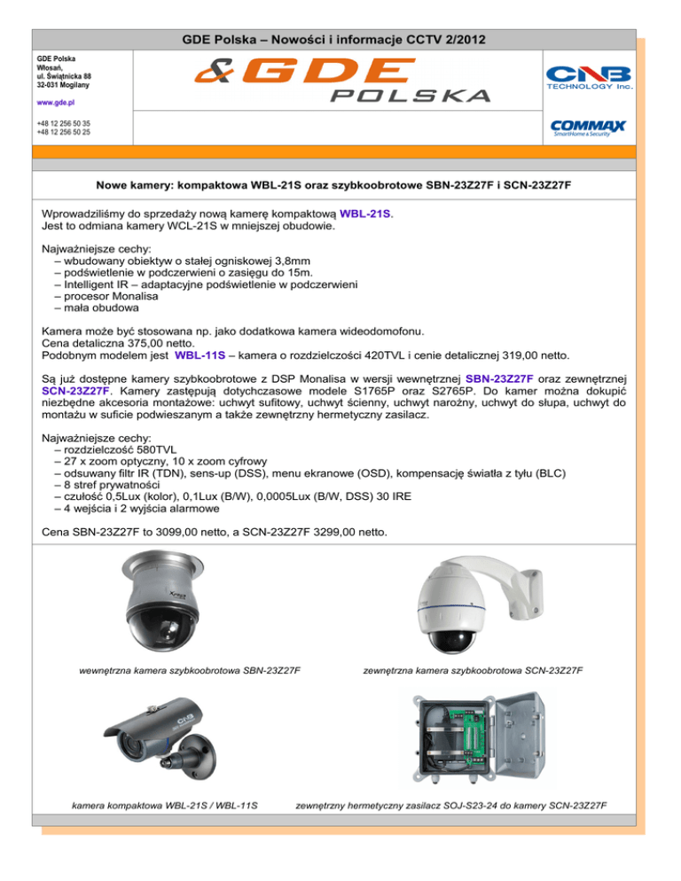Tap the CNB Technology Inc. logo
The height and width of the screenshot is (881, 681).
click(x=589, y=78)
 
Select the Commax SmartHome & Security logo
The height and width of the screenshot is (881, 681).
click(x=589, y=129)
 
